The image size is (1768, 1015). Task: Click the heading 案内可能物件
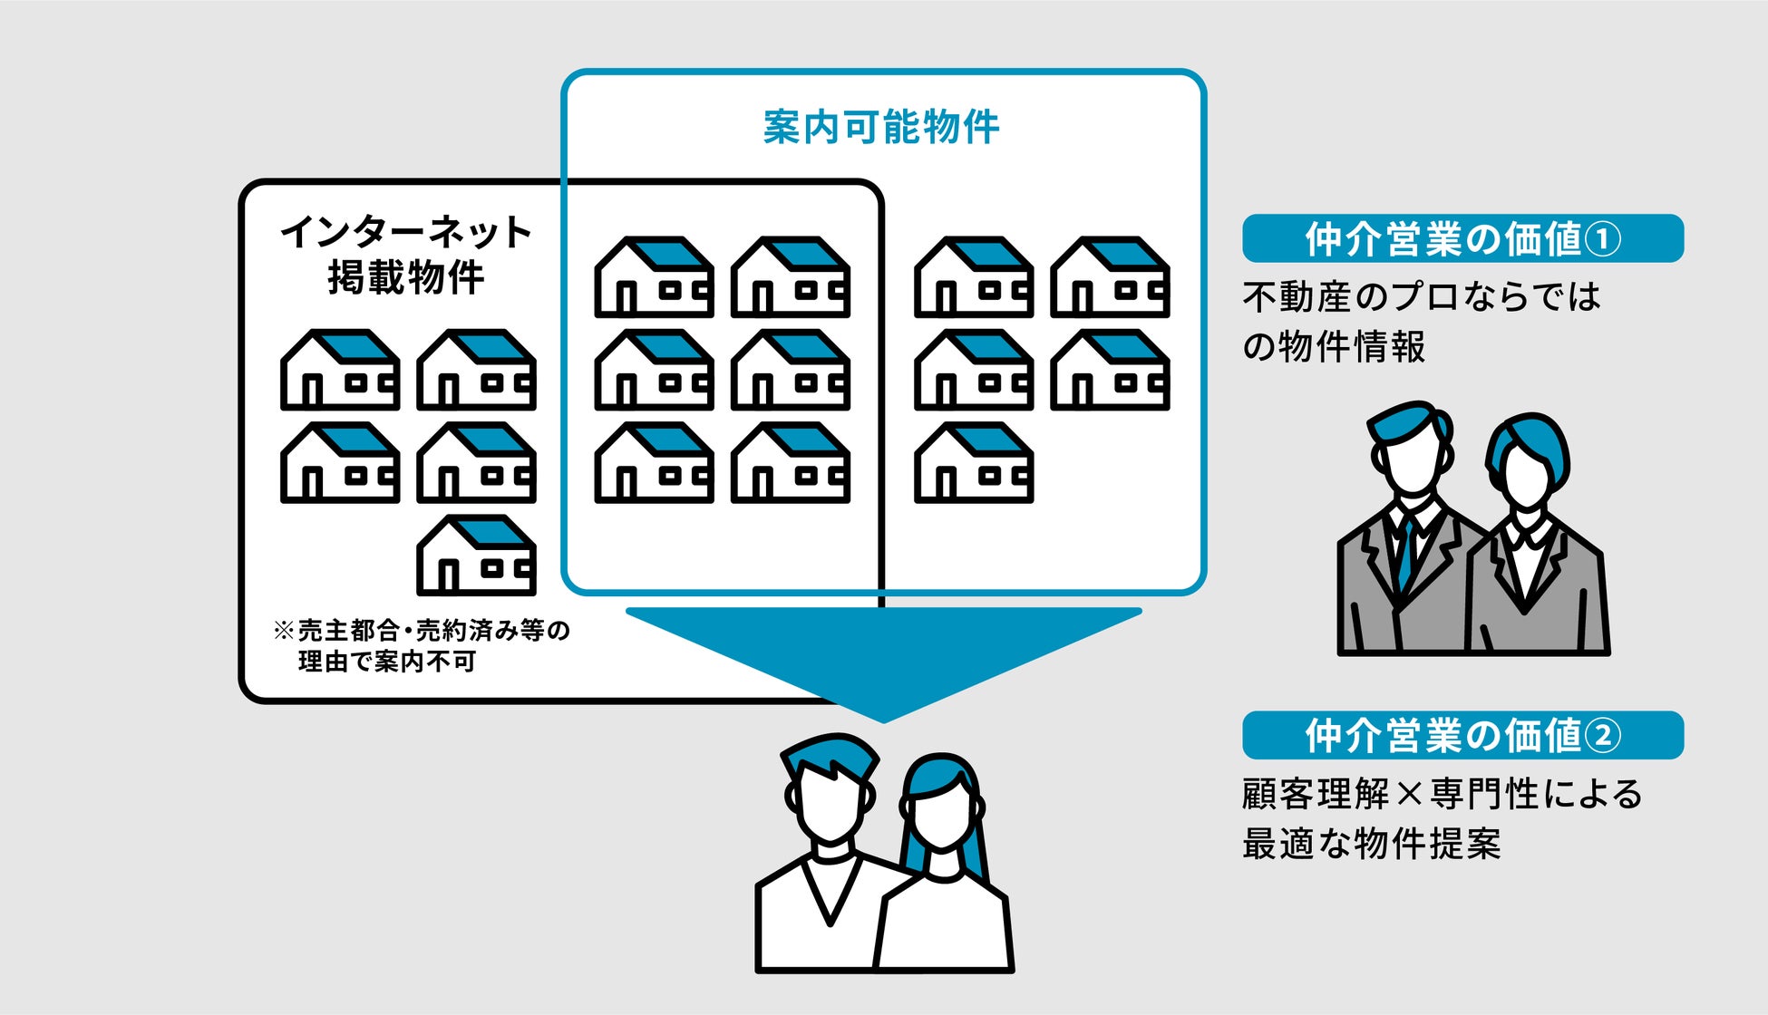coord(880,127)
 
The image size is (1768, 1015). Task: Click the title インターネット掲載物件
coord(405,255)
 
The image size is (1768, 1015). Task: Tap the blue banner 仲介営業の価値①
coord(1462,239)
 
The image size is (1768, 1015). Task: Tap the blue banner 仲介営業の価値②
coord(1462,735)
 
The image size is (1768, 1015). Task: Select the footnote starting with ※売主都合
coord(422,645)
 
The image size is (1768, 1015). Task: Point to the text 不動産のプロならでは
coord(1421,297)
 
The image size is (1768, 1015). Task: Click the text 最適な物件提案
coord(1371,844)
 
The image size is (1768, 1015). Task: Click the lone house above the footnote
coord(476,555)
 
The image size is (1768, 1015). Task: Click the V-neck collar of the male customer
coord(830,893)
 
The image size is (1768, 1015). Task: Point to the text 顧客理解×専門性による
coord(1442,794)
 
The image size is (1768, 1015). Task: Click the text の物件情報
coord(1333,346)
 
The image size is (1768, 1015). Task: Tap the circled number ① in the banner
coord(1603,239)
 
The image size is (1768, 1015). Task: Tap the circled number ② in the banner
coord(1603,735)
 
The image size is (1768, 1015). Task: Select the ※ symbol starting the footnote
coord(283,631)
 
